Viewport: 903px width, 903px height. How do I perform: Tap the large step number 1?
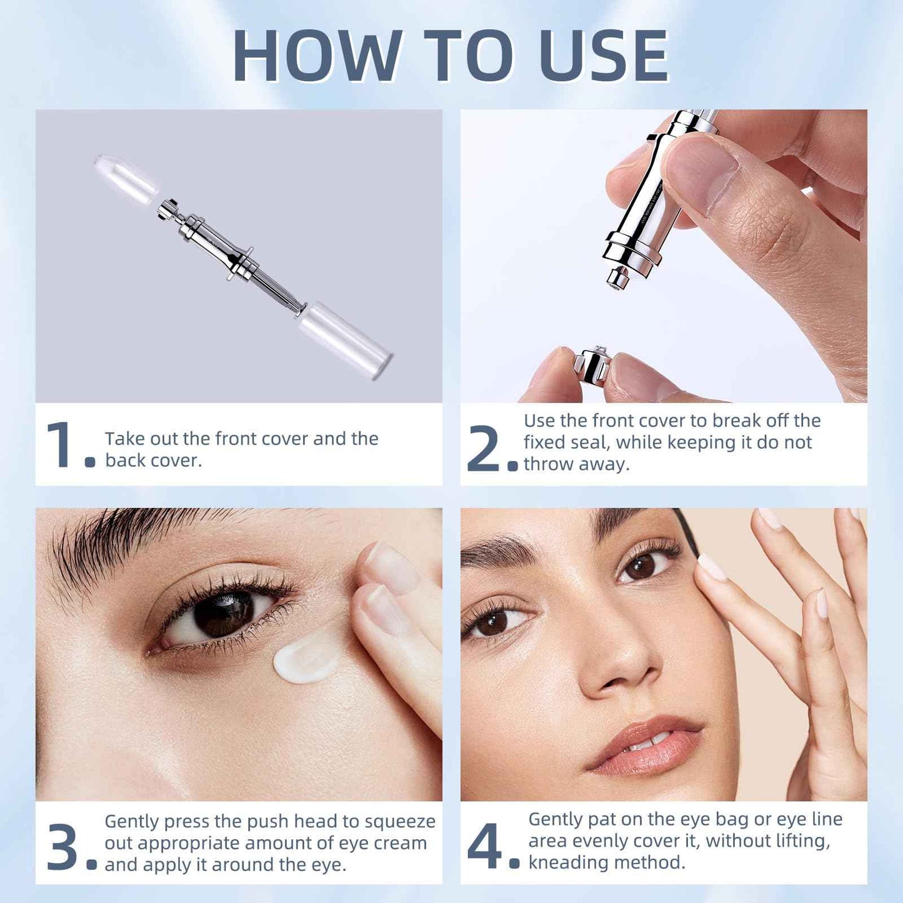point(61,444)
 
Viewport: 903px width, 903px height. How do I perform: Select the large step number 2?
point(483,448)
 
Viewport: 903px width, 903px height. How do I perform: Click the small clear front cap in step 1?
point(126,179)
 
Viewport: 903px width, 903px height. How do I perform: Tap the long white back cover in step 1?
point(345,340)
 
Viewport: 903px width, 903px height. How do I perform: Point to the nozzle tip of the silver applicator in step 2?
point(618,279)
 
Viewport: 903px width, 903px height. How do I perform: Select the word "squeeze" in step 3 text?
point(400,821)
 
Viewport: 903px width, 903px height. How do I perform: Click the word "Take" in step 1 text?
point(124,439)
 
